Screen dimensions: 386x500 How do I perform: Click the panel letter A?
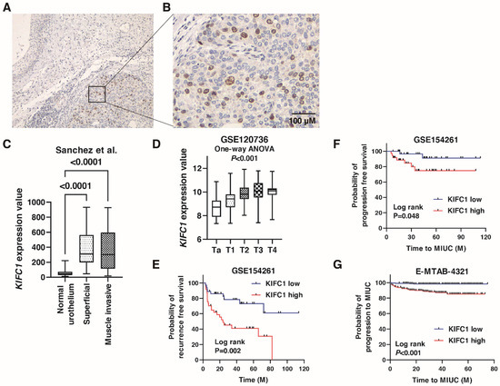(6, 7)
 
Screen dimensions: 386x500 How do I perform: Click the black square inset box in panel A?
(98, 94)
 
